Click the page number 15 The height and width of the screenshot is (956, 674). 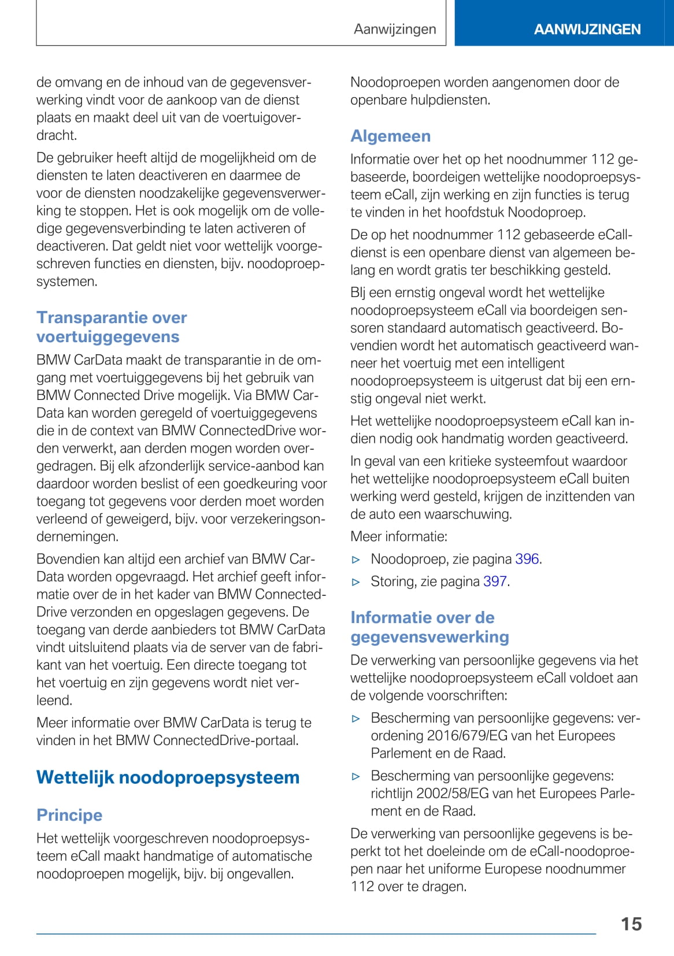[631, 924]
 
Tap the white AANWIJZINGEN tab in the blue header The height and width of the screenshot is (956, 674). [587, 29]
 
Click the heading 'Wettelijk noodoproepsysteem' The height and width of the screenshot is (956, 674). [168, 777]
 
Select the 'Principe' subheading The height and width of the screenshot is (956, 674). [69, 815]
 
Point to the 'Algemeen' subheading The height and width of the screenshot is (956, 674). [390, 136]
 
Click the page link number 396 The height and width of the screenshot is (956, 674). [527, 559]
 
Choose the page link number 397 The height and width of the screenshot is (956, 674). [495, 581]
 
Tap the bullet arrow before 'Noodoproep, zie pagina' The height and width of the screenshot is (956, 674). [356, 559]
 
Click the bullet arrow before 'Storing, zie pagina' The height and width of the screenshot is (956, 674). [356, 582]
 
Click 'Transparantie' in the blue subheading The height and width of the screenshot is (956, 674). [84, 317]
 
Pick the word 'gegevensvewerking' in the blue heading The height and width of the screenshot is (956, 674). [429, 637]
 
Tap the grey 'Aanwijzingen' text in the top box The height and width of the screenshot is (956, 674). [395, 29]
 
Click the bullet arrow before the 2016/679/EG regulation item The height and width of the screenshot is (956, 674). [356, 718]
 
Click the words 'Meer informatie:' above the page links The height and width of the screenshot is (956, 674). [399, 536]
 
